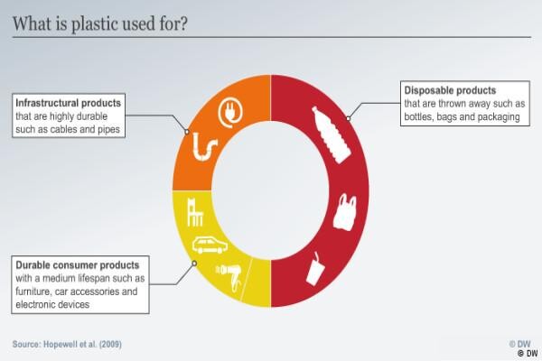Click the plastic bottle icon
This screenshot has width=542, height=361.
tap(332, 134)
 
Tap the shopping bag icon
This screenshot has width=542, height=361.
tap(345, 212)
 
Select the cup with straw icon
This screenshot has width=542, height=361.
tap(314, 269)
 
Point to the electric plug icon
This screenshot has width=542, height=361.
tap(230, 112)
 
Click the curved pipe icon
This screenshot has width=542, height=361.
tap(205, 147)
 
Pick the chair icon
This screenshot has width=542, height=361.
tap(194, 212)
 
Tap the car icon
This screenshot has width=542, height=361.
tap(210, 245)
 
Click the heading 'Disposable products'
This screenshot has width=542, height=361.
tap(450, 90)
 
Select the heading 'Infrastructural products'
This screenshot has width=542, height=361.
tap(68, 103)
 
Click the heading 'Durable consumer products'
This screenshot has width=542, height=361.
tap(78, 265)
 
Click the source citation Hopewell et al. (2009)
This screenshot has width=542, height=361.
tap(67, 344)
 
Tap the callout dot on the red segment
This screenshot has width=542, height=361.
tap(349, 118)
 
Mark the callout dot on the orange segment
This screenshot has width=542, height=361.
tap(187, 132)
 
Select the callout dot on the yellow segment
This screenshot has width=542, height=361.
tap(194, 264)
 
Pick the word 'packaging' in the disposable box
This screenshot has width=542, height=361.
tap(499, 117)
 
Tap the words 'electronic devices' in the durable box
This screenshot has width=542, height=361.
tap(52, 304)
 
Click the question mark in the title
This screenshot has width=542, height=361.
tap(182, 23)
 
